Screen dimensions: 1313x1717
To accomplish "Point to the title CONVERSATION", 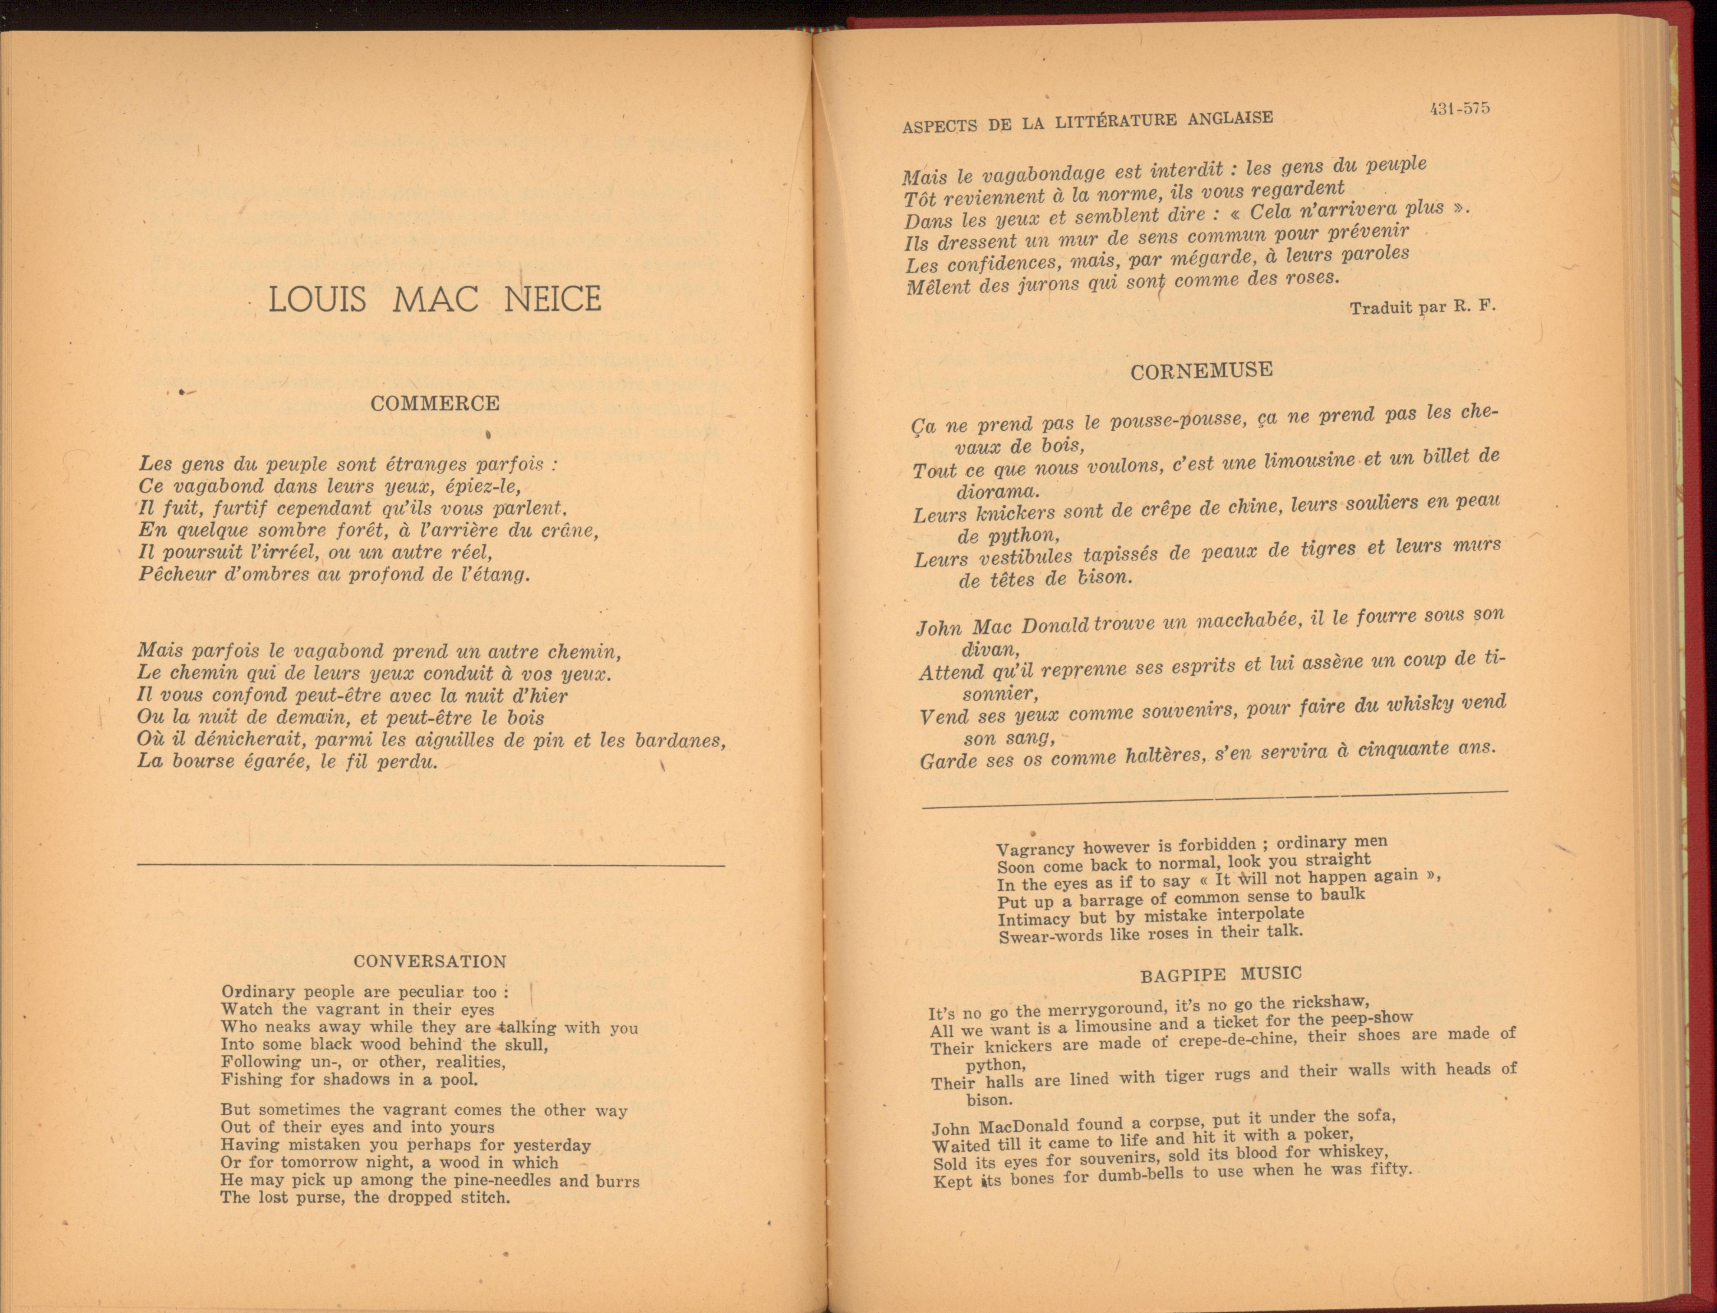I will pos(430,961).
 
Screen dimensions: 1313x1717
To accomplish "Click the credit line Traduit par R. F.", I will pos(1422,307).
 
